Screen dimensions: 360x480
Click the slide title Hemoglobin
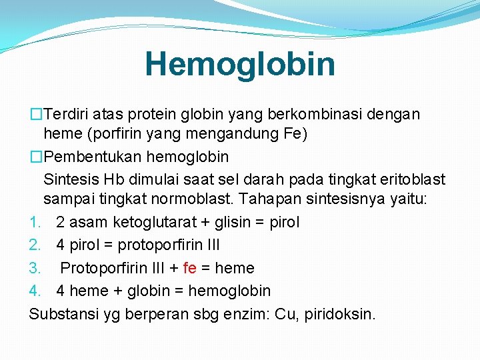(x=240, y=64)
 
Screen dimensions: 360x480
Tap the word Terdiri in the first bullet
(x=67, y=114)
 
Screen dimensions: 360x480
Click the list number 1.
(x=35, y=222)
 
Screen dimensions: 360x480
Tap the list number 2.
(x=35, y=245)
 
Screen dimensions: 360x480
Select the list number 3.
(x=35, y=268)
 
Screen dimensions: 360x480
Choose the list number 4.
(x=35, y=291)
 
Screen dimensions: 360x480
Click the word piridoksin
(x=341, y=313)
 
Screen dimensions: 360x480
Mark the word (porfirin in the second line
(x=115, y=135)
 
